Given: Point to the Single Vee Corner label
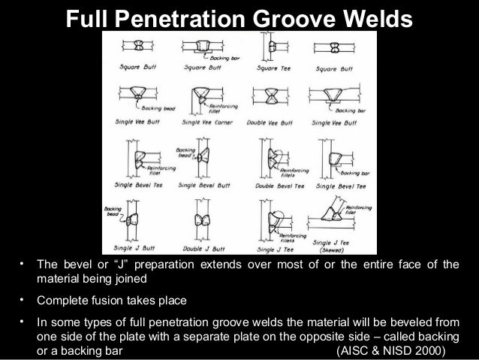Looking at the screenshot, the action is [203, 122].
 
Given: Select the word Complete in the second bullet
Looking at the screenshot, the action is [65, 301].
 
